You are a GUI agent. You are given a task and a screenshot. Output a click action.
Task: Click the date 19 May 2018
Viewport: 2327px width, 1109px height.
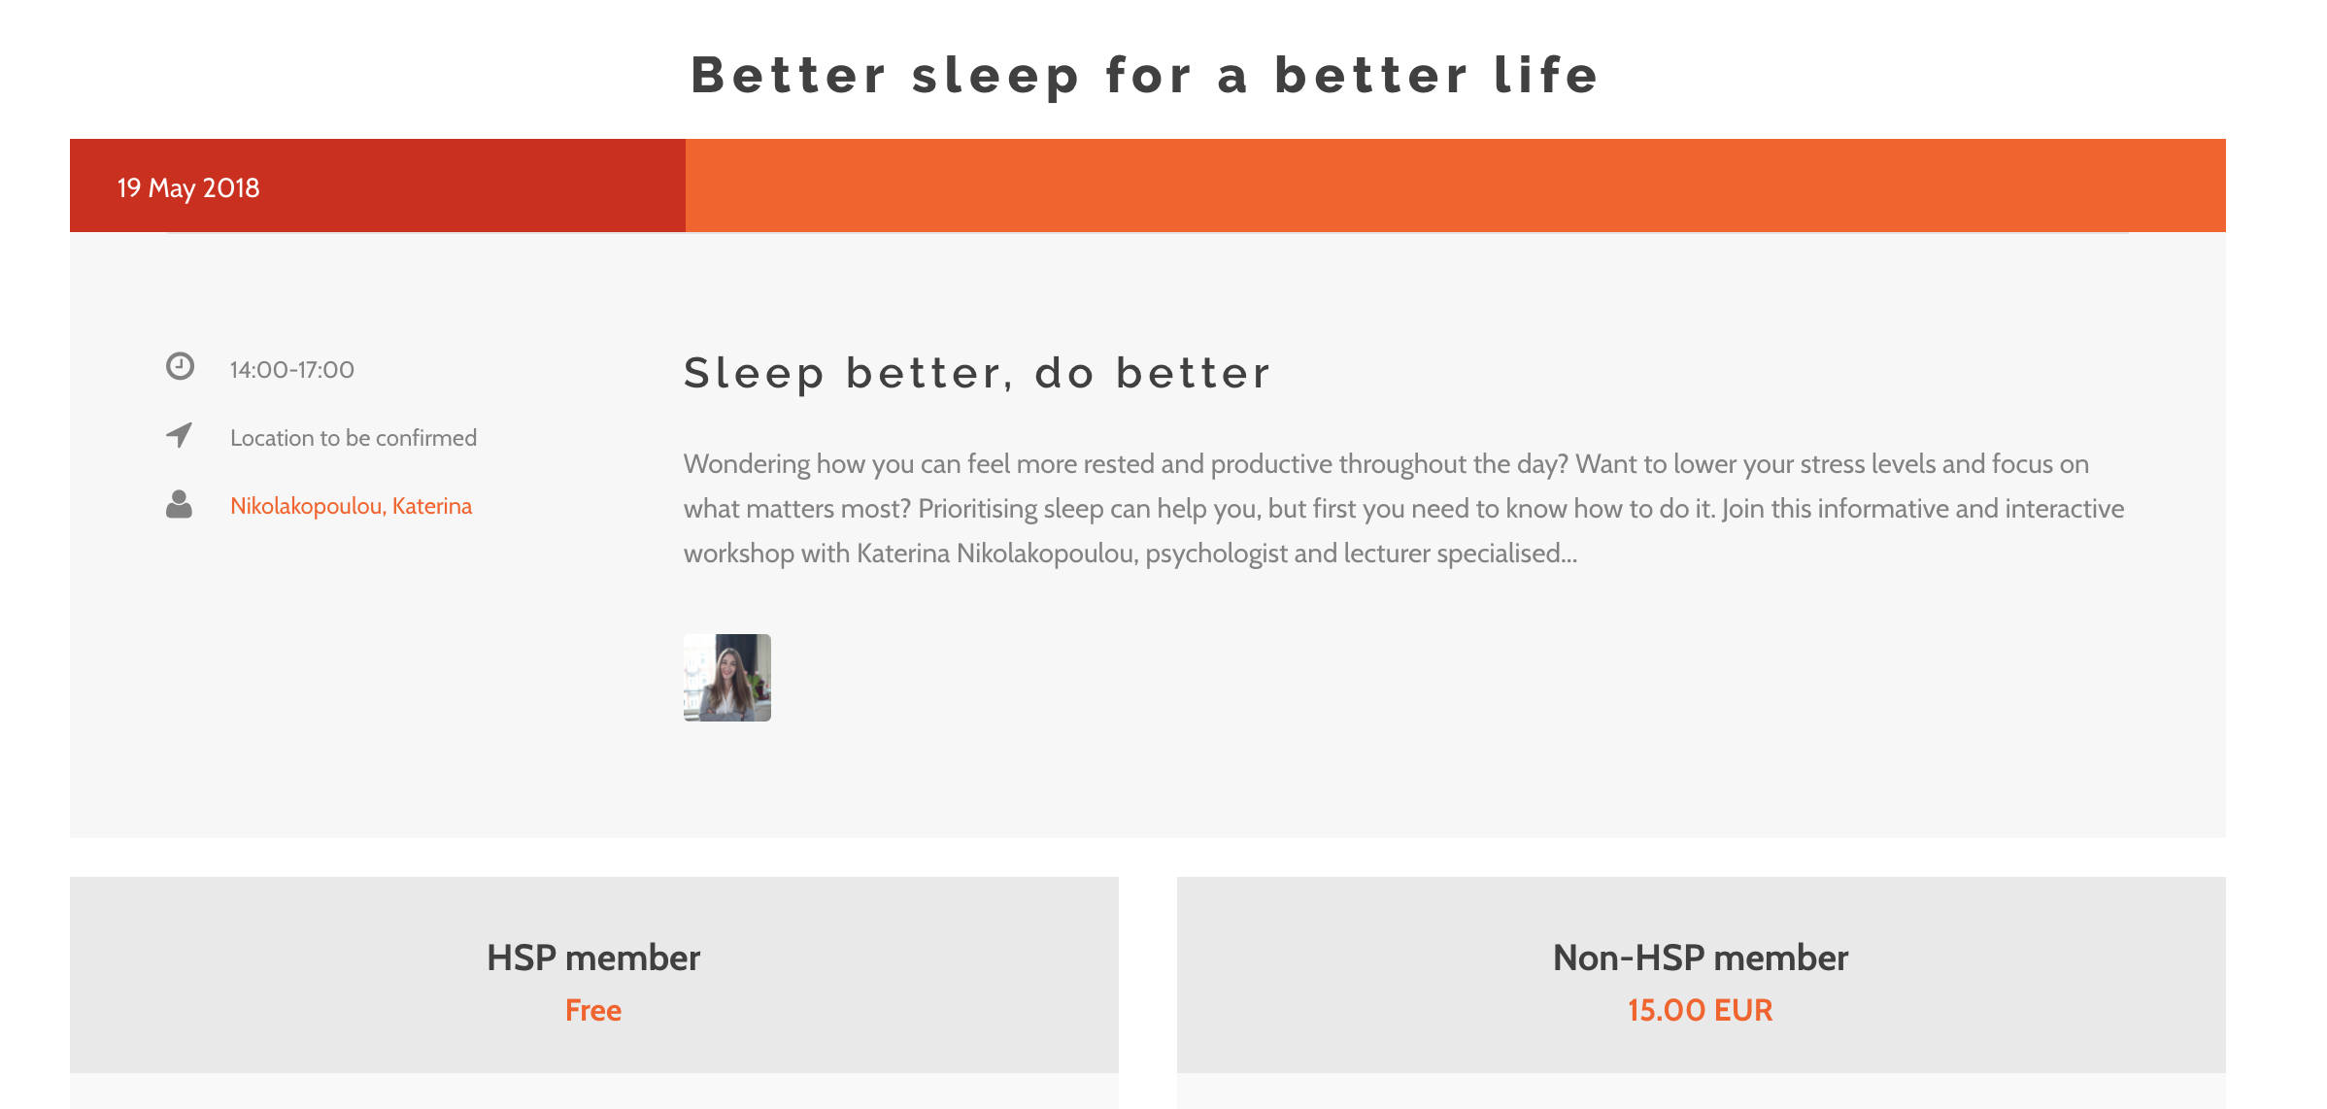click(x=188, y=187)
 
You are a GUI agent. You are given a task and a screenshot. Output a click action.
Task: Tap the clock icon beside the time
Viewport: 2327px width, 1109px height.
click(x=180, y=366)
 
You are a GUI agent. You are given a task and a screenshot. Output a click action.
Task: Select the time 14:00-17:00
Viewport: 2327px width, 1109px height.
click(x=292, y=370)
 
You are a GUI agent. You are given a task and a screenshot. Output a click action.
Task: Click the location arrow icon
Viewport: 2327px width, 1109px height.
click(x=180, y=435)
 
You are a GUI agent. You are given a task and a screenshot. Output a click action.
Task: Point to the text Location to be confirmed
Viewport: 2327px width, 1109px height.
click(x=354, y=438)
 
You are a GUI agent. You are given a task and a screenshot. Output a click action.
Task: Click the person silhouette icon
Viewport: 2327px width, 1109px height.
click(x=179, y=504)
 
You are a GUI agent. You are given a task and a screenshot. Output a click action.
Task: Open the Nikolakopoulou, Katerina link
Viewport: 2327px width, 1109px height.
click(x=351, y=506)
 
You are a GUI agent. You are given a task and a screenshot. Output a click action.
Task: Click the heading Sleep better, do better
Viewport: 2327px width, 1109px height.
click(x=977, y=373)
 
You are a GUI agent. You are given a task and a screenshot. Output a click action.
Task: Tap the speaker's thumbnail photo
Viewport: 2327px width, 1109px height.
click(x=727, y=678)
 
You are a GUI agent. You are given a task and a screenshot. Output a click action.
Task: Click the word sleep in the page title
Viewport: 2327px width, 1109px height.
click(x=995, y=76)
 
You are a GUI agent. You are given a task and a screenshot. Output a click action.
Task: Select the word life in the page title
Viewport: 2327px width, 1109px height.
click(x=1546, y=75)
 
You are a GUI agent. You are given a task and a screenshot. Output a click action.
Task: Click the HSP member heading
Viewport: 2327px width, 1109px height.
click(x=593, y=958)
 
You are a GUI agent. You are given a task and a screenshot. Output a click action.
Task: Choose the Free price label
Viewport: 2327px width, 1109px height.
click(x=593, y=1010)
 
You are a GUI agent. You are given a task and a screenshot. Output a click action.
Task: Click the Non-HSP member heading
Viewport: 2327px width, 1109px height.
click(x=1701, y=958)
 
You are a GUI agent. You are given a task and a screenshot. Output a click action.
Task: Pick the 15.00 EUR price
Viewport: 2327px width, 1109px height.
click(x=1701, y=1010)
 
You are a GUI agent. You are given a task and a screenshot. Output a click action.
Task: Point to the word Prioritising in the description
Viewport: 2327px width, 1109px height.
click(x=978, y=509)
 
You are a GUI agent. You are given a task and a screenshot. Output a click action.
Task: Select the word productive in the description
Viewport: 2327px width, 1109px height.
click(x=1271, y=464)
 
